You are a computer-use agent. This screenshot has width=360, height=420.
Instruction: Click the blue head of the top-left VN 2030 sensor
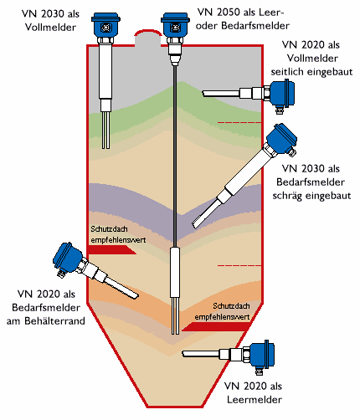[105, 25]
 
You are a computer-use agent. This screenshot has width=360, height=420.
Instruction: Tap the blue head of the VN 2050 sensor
[175, 25]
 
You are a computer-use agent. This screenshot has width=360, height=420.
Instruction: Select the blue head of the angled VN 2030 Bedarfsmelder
[282, 140]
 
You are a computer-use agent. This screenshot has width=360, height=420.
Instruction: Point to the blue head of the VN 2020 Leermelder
[262, 356]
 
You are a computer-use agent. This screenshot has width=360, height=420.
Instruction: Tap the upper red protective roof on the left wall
[111, 250]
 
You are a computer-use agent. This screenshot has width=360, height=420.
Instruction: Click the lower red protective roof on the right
[216, 326]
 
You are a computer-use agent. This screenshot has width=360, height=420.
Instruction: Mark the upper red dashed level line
[239, 122]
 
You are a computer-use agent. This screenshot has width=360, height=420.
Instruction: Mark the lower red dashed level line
[239, 265]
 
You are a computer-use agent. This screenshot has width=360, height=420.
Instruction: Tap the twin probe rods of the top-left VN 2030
[105, 130]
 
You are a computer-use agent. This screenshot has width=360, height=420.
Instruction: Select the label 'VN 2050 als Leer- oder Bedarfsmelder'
[242, 19]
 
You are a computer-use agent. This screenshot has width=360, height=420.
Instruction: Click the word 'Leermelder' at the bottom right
[255, 399]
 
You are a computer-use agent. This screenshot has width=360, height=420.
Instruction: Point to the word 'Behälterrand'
[54, 320]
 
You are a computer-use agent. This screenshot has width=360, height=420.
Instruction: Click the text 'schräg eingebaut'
[311, 196]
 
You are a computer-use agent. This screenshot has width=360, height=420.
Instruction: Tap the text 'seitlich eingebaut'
[311, 72]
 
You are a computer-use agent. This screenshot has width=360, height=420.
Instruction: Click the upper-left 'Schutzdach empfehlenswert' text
[118, 234]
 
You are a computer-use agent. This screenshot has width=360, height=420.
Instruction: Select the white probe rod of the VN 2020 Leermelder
[201, 354]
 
